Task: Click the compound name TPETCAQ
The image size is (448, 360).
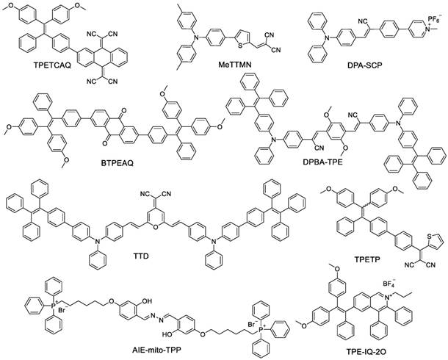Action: click(x=52, y=65)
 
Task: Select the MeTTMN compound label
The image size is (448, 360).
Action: click(x=235, y=65)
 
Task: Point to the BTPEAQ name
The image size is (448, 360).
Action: click(x=117, y=163)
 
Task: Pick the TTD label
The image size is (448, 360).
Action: click(x=141, y=256)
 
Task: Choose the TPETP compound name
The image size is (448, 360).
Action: click(x=366, y=259)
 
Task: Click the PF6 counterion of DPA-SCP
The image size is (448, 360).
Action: click(x=435, y=20)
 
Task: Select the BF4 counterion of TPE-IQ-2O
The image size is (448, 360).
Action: click(x=389, y=284)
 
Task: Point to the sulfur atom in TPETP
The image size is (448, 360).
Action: click(x=429, y=236)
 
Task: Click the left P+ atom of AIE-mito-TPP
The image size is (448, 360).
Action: click(x=53, y=306)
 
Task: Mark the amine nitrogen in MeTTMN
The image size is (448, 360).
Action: click(x=196, y=37)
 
